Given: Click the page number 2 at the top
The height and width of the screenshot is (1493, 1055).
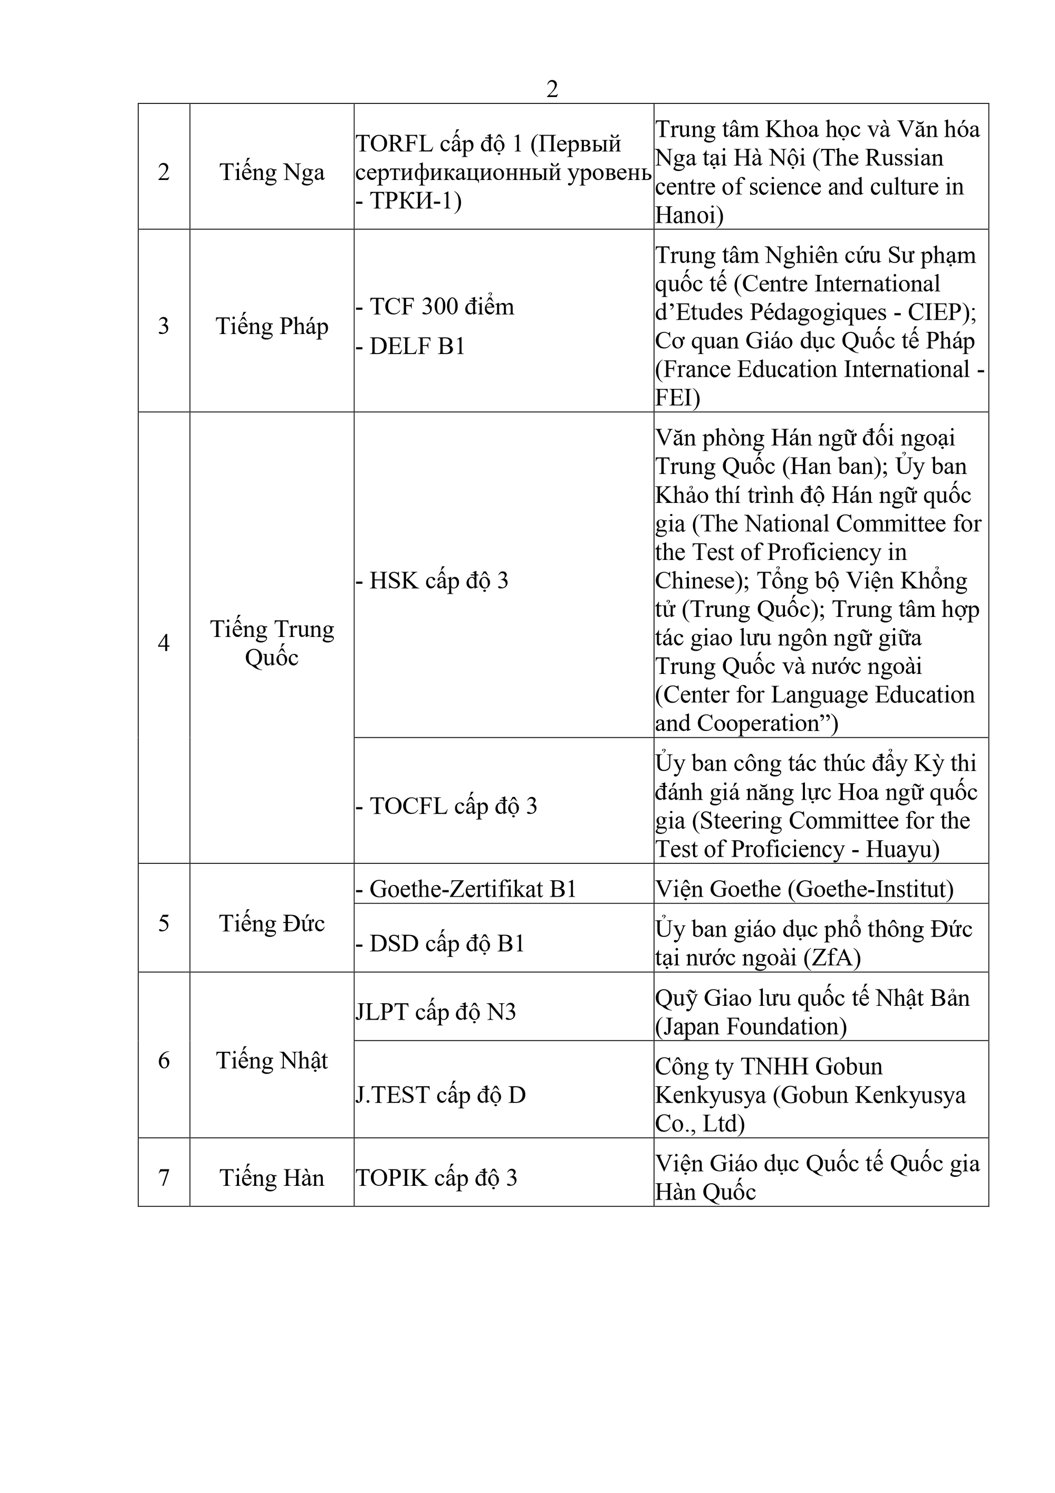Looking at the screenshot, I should point(552,89).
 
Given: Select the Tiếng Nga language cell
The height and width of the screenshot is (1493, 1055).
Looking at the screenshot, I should point(272,173).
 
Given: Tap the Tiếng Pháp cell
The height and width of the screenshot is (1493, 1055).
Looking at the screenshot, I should point(272,326).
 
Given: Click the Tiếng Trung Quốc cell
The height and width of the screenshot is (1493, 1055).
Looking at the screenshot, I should point(272,642).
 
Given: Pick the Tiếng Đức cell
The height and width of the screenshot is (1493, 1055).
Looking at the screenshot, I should point(272,924).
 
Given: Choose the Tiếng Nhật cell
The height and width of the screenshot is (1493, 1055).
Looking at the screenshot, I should point(272,1061).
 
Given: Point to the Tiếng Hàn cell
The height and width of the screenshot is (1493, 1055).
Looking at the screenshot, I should point(272,1177).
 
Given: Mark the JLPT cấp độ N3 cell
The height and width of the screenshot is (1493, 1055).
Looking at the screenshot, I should point(436,1012).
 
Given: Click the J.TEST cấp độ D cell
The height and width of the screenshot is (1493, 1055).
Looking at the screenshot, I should point(440,1095).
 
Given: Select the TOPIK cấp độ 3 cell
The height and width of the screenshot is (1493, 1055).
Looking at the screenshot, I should point(436,1177).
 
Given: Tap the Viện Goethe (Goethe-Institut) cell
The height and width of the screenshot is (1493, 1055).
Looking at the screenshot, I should point(804,889).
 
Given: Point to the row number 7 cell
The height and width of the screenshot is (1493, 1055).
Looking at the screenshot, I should point(164,1177).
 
